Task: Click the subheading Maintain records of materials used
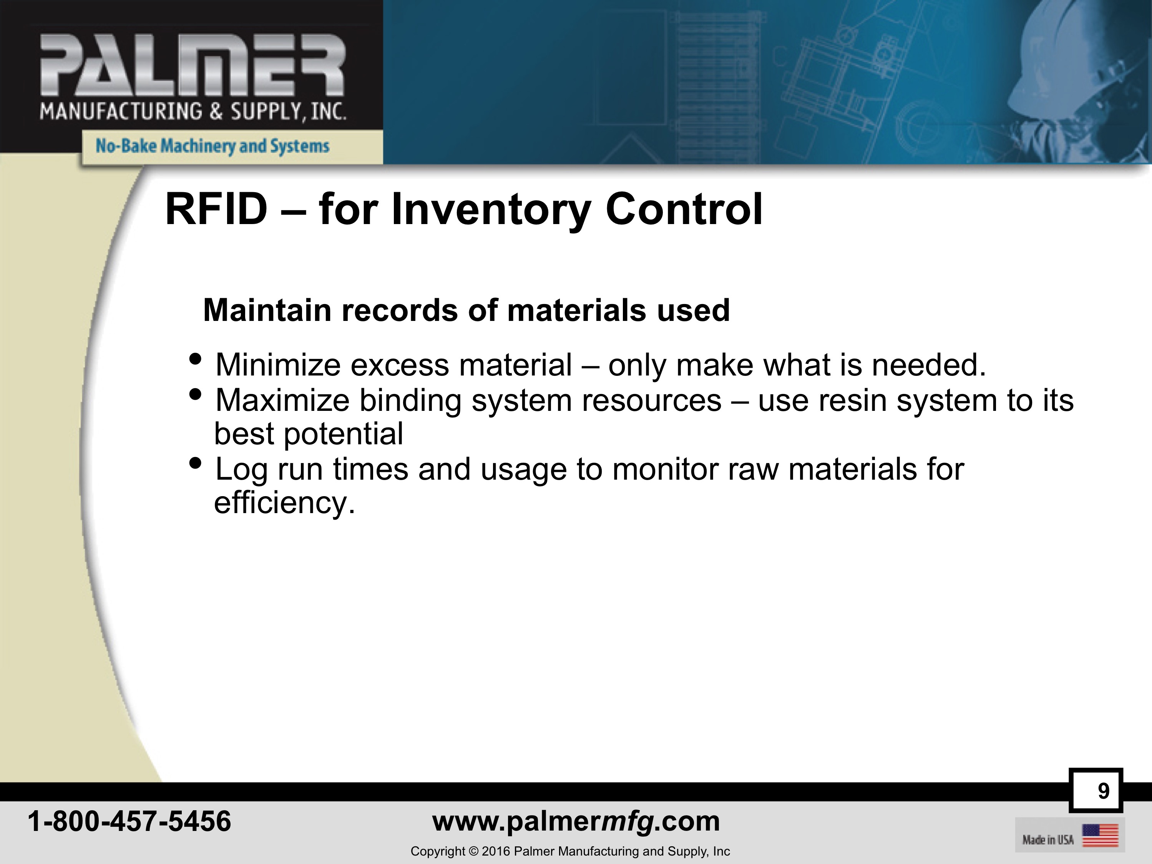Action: pyautogui.click(x=466, y=311)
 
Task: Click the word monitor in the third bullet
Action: pyautogui.click(x=665, y=469)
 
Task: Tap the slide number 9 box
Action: pyautogui.click(x=1096, y=790)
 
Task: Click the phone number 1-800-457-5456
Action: pyautogui.click(x=129, y=821)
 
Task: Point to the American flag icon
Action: pyautogui.click(x=1101, y=835)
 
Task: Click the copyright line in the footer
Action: pyautogui.click(x=570, y=851)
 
